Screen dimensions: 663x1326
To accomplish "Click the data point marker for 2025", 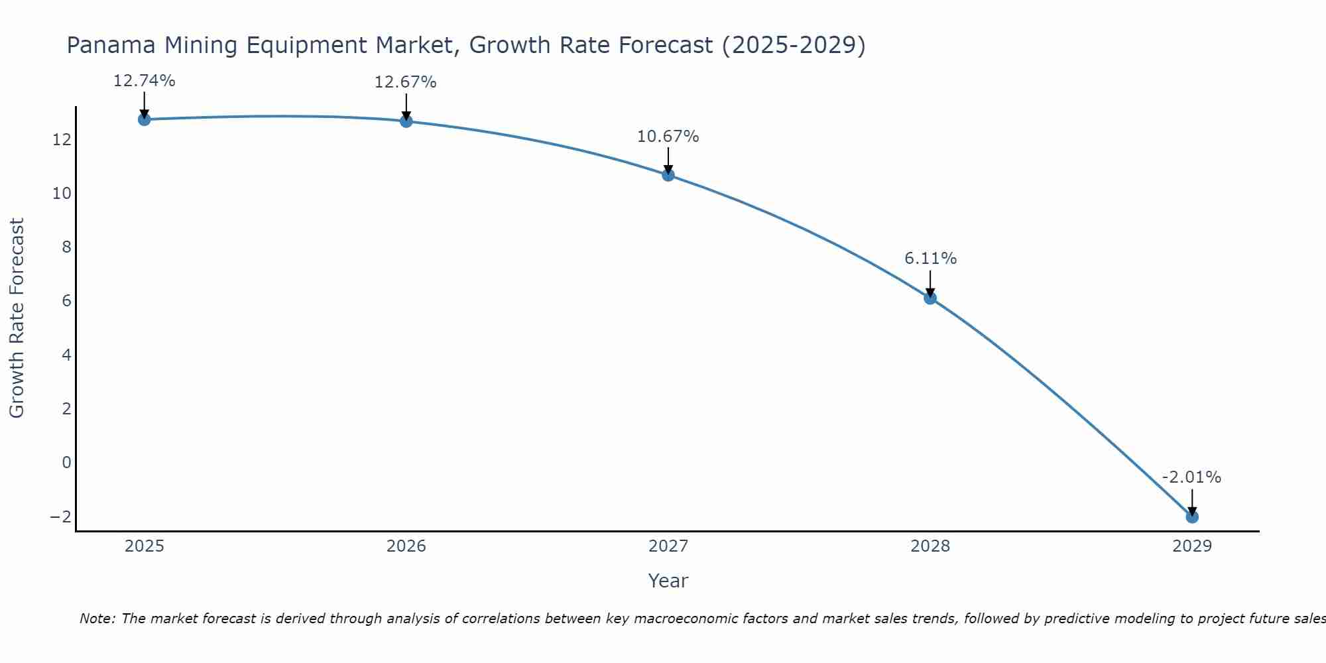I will [144, 119].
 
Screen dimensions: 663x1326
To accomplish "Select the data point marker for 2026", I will [406, 121].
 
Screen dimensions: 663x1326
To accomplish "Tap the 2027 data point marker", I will [668, 175].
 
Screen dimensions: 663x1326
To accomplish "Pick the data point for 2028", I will [930, 298].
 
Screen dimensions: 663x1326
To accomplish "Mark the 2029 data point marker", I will [1192, 516].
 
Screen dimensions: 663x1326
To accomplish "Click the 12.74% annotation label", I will [144, 81].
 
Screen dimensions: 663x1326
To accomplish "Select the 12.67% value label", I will [406, 82].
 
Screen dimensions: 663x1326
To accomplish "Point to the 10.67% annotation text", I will [668, 137].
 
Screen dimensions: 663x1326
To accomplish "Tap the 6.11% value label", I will [930, 259].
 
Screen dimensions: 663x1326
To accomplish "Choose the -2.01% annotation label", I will [1191, 477].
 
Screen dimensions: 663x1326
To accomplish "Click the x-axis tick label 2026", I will [406, 546].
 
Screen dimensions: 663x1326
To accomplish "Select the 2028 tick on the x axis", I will [930, 546].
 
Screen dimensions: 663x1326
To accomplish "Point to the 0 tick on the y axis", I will [66, 462].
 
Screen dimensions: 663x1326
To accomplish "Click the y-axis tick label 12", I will [62, 140].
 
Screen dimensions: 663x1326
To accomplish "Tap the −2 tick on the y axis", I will [60, 516].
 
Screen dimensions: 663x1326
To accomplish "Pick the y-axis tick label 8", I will [66, 247].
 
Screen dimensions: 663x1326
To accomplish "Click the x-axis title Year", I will [668, 581].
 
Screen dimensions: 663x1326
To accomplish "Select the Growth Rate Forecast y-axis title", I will [17, 318].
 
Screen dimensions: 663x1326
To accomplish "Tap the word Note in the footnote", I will [97, 619].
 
